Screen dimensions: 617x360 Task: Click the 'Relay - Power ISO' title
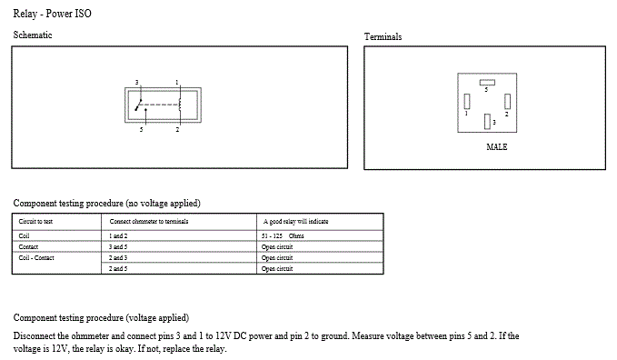tap(53, 14)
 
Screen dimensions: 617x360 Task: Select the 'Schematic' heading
tap(33, 35)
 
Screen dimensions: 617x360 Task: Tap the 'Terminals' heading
tap(383, 36)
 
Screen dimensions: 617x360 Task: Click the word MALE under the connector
tap(496, 147)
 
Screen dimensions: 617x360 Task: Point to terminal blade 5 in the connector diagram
tap(487, 83)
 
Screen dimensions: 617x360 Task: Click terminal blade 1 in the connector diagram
tap(467, 101)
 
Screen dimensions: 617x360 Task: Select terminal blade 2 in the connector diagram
tap(508, 101)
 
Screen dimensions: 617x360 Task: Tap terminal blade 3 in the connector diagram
tap(487, 121)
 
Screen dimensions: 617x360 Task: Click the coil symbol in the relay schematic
tap(180, 105)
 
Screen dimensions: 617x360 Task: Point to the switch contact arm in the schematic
tap(138, 105)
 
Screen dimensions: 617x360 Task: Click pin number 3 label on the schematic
tap(137, 83)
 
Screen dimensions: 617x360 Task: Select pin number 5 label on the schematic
tap(141, 129)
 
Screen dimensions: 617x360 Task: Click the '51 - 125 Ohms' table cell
tap(283, 236)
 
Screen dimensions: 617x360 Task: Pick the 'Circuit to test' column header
tap(35, 221)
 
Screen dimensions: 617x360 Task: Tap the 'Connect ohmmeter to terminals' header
tap(149, 221)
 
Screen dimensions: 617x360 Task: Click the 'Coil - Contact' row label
tap(36, 258)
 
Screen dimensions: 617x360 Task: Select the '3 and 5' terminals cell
tap(118, 247)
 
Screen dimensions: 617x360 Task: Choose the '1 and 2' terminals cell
tap(118, 236)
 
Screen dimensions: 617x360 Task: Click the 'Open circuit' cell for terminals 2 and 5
tap(277, 268)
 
